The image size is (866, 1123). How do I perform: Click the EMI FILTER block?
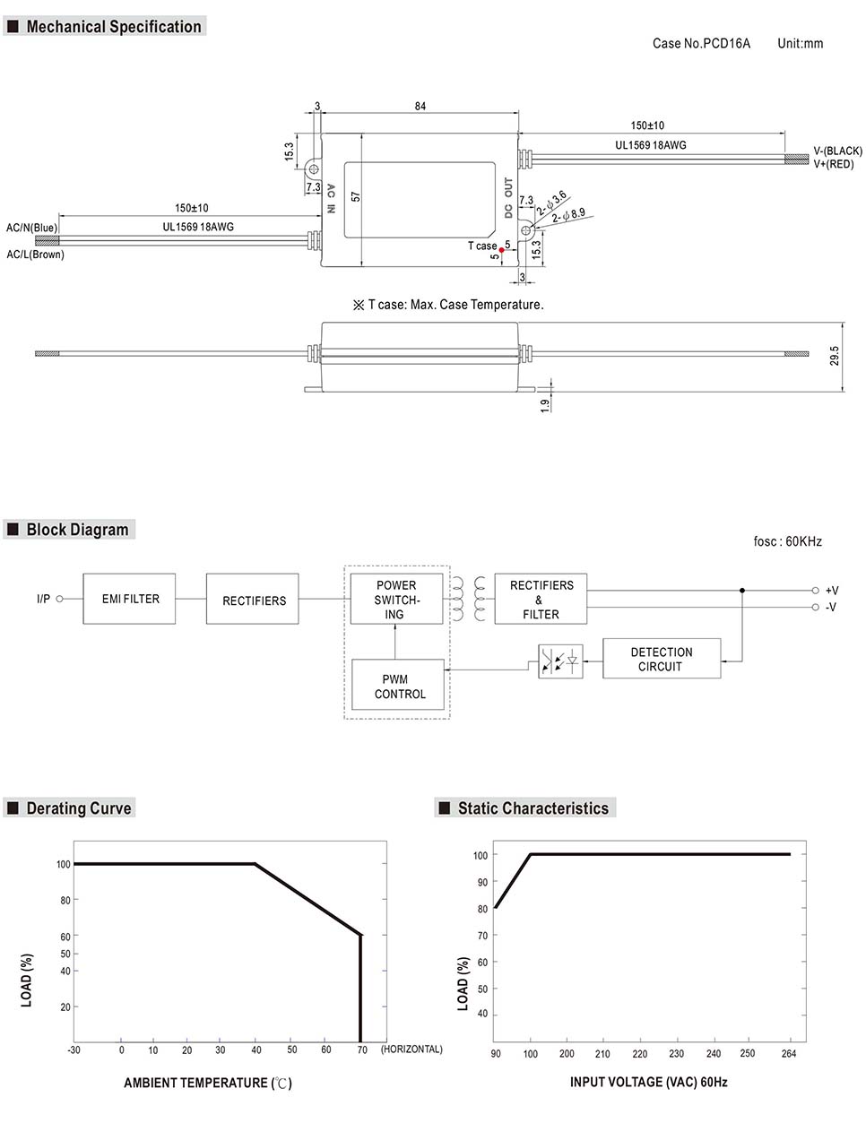click(129, 599)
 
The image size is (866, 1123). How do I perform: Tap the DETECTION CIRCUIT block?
click(662, 659)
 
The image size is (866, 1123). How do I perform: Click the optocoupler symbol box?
click(560, 661)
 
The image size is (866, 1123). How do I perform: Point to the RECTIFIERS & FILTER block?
click(541, 599)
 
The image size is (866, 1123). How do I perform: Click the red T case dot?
click(501, 251)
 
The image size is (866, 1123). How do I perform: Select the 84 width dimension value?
click(420, 107)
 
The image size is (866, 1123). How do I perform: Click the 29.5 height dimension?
click(835, 356)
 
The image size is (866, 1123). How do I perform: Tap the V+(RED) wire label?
click(834, 164)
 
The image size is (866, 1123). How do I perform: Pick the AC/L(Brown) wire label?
click(36, 255)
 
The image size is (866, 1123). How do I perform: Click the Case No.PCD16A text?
click(701, 43)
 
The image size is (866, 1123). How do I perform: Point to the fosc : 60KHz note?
click(787, 541)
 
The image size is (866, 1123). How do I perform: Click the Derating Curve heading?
click(78, 808)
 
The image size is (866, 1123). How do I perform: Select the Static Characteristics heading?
click(533, 808)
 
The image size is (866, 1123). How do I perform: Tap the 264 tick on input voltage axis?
click(789, 1053)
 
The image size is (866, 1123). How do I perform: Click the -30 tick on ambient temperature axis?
click(74, 1050)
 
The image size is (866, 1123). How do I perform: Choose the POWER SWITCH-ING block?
click(395, 600)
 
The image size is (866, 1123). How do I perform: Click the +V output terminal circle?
click(815, 591)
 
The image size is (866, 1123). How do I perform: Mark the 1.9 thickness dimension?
click(545, 405)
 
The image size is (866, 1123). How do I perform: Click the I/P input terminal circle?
click(60, 599)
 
